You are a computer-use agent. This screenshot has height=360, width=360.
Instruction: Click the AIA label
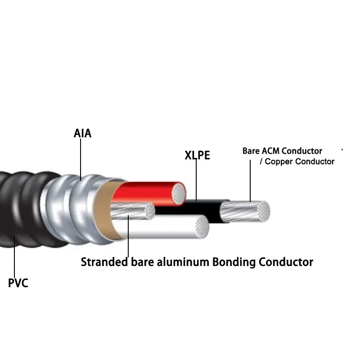tap(82, 134)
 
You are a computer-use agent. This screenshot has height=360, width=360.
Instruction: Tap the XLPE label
tap(197, 156)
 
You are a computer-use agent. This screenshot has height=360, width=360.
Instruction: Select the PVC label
tap(18, 283)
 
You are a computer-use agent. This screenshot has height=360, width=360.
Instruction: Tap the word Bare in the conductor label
tap(251, 151)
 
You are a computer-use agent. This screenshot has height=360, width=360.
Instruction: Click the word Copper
tap(280, 162)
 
